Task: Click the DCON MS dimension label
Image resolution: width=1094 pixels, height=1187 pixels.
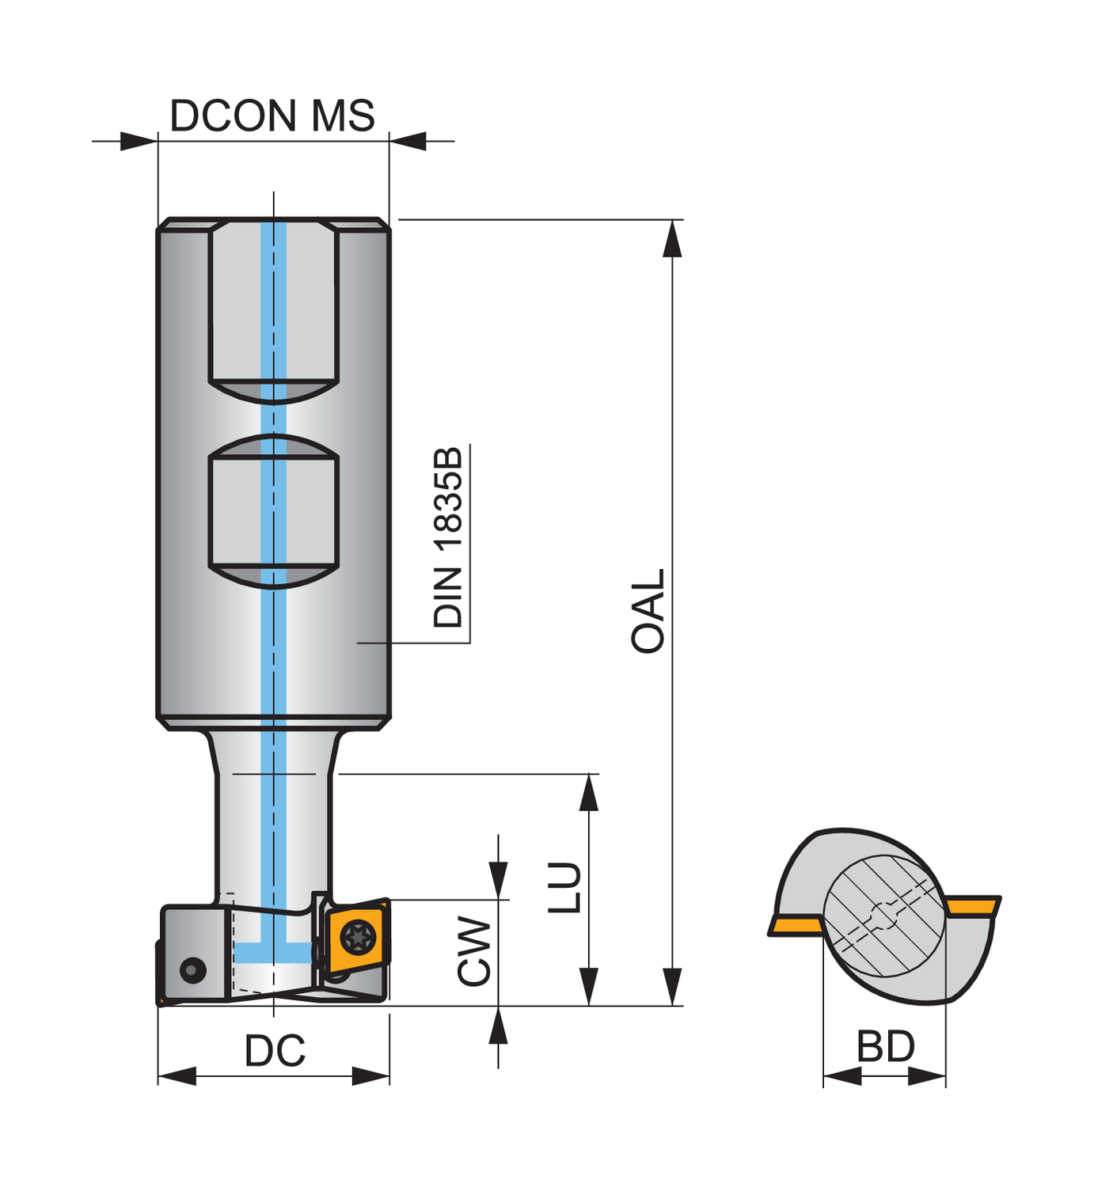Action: pyautogui.click(x=272, y=116)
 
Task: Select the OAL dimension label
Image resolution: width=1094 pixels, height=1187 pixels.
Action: pyautogui.click(x=648, y=611)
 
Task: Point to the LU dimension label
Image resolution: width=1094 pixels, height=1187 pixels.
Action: pyautogui.click(x=565, y=888)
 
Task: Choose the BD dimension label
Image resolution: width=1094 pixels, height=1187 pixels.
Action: pyautogui.click(x=885, y=1047)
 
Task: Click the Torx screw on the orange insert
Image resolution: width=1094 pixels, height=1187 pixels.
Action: pyautogui.click(x=355, y=938)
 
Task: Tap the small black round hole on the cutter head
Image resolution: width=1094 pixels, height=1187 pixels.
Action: pyautogui.click(x=192, y=969)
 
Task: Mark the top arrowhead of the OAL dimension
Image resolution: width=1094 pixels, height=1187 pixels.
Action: pyautogui.click(x=672, y=238)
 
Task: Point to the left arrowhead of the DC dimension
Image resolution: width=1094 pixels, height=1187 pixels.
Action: pyautogui.click(x=177, y=1075)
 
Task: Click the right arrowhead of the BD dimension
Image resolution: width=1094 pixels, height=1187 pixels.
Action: pyautogui.click(x=928, y=1075)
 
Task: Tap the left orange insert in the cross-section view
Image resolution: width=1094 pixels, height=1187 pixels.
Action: pyautogui.click(x=796, y=925)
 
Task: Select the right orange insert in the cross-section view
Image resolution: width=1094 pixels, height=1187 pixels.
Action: pyautogui.click(x=972, y=904)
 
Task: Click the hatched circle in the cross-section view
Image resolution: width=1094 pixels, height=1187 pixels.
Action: pyautogui.click(x=884, y=916)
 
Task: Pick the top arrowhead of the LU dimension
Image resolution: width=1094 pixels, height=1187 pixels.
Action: pyautogui.click(x=588, y=793)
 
